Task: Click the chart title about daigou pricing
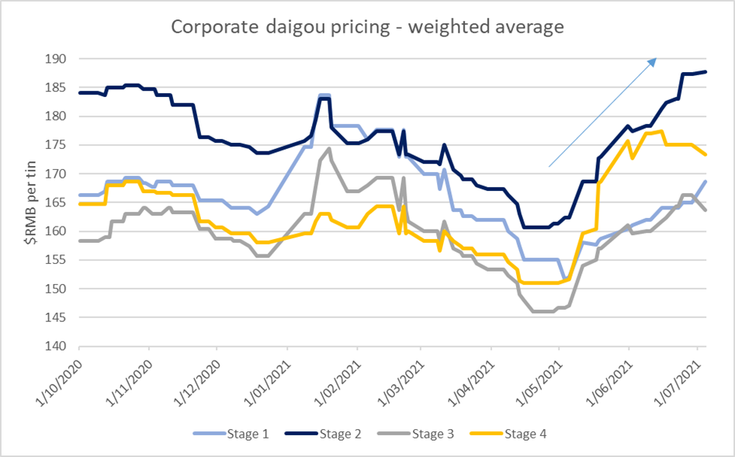366,26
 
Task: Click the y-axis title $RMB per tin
29,203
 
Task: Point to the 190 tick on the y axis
58,59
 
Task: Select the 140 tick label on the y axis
58,347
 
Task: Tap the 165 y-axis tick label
58,203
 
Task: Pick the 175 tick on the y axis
58,145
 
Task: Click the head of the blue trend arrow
657,59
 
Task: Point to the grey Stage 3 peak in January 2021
330,148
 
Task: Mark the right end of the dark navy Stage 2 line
705,72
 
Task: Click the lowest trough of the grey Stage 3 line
543,311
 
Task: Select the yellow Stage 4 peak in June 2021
660,131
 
